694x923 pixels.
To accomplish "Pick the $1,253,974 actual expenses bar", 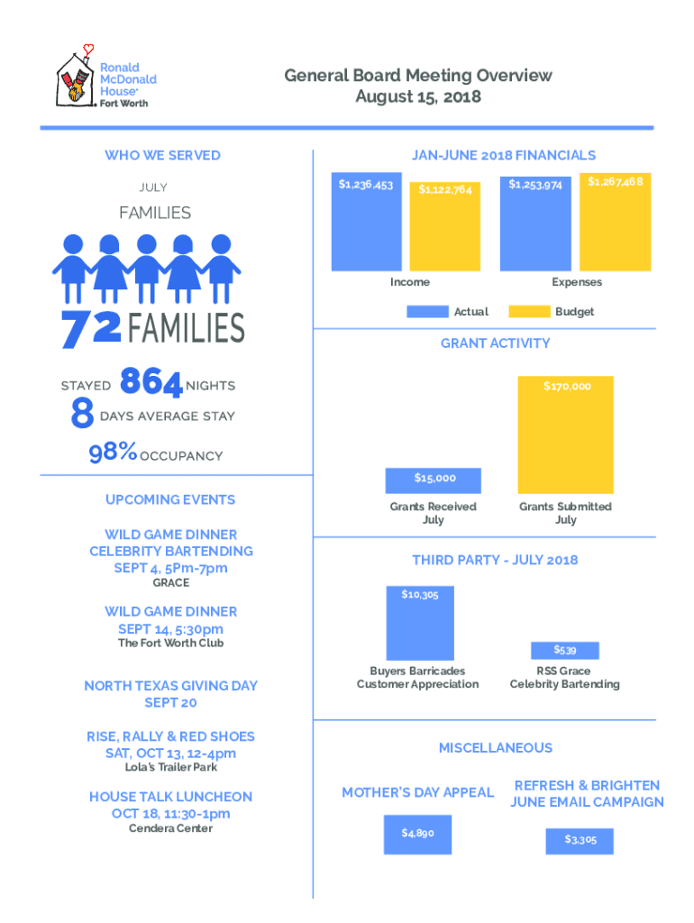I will [x=535, y=223].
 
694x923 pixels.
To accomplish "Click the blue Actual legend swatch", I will [x=427, y=311].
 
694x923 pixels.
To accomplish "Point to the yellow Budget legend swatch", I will [x=529, y=311].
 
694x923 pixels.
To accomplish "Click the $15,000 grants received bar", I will [x=434, y=479].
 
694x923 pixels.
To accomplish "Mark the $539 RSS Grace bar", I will [x=565, y=650].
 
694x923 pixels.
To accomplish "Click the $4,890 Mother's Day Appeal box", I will [x=417, y=834].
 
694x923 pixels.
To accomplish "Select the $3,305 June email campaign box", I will [x=580, y=840].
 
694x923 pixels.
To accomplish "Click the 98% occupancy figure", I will [x=113, y=453].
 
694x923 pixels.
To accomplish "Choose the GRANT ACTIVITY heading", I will [x=495, y=343].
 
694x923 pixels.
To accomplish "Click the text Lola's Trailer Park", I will [x=170, y=767].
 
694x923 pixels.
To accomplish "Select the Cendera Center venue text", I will [x=170, y=828].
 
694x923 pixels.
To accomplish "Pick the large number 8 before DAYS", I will [x=82, y=416].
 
